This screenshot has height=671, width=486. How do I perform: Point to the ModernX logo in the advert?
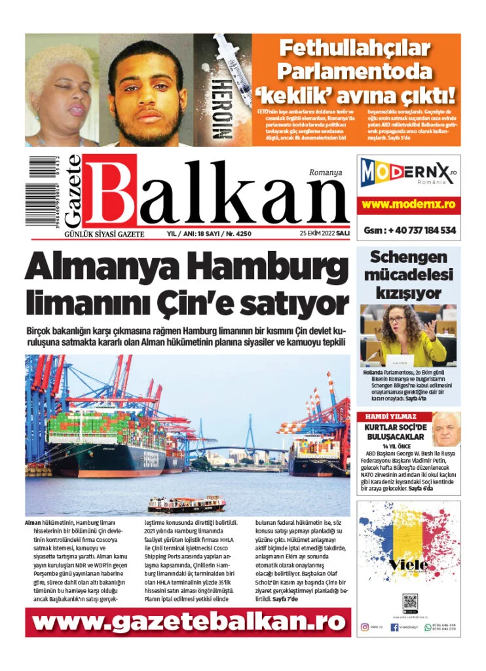pos(408,174)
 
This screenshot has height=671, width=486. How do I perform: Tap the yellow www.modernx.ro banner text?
pos(409,204)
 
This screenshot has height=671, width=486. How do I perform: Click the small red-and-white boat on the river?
pos(187,503)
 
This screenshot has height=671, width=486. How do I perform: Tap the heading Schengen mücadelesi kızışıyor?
pos(408,275)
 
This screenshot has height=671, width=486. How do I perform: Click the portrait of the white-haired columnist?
pos(445,429)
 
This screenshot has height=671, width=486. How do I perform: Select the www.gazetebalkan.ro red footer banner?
pos(188,622)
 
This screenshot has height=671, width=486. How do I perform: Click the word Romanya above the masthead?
pos(326,173)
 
